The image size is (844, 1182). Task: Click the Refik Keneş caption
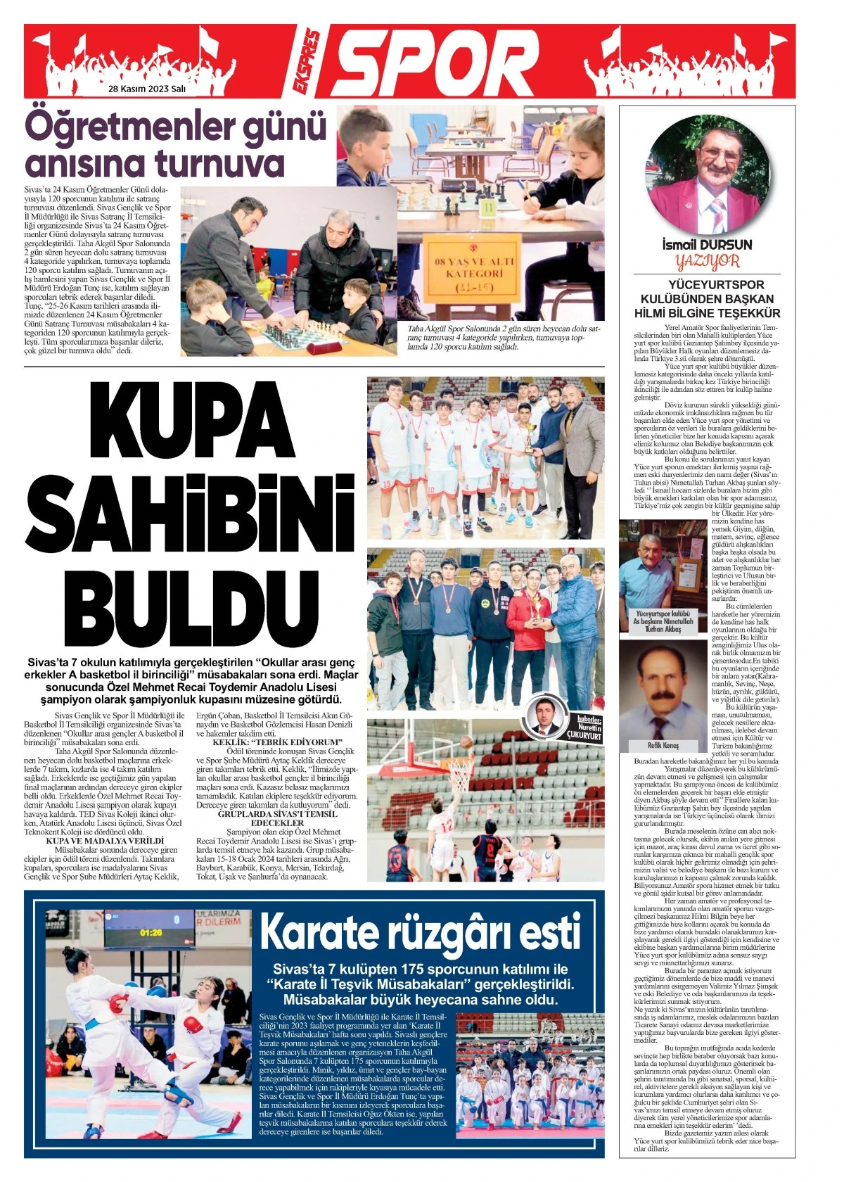(x=663, y=745)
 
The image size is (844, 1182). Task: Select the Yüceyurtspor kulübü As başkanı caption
(x=663, y=622)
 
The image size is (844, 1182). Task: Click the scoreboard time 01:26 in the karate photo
(x=151, y=932)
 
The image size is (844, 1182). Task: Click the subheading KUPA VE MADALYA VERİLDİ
(x=104, y=841)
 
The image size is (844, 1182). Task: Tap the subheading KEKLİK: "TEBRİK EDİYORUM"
(x=277, y=742)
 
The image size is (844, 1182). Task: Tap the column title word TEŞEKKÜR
(x=746, y=313)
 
